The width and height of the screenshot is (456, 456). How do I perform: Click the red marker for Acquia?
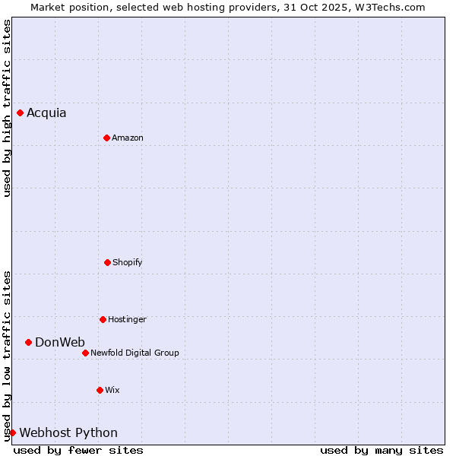pyautogui.click(x=20, y=112)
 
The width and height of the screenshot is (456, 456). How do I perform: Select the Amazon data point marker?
pyautogui.click(x=106, y=138)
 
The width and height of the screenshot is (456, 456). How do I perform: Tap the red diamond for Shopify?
pyautogui.click(x=107, y=262)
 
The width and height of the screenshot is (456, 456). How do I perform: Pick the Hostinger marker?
pyautogui.click(x=103, y=319)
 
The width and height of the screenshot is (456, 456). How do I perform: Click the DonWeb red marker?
pyautogui.click(x=28, y=342)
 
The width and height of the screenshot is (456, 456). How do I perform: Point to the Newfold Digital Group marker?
pyautogui.click(x=85, y=353)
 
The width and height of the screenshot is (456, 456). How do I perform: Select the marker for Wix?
pyautogui.click(x=100, y=390)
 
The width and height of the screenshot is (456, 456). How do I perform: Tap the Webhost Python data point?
pyautogui.click(x=12, y=432)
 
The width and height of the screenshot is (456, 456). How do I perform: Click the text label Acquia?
pyautogui.click(x=46, y=113)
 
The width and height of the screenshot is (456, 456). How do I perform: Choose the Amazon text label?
pyautogui.click(x=128, y=138)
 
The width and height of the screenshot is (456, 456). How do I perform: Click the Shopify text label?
pyautogui.click(x=127, y=263)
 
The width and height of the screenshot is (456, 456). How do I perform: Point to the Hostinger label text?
pyautogui.click(x=127, y=320)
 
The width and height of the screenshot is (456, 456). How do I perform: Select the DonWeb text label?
pyautogui.click(x=60, y=343)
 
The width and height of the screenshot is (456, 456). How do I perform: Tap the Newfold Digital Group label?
pyautogui.click(x=135, y=353)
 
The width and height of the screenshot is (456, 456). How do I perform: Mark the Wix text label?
pyautogui.click(x=112, y=391)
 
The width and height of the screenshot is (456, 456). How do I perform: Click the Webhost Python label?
pyautogui.click(x=68, y=433)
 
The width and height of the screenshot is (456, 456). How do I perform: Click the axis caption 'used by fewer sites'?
pyautogui.click(x=78, y=450)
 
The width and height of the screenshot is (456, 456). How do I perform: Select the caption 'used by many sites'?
pyautogui.click(x=382, y=450)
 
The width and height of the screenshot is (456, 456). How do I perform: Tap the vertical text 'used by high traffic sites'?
pyautogui.click(x=7, y=108)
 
